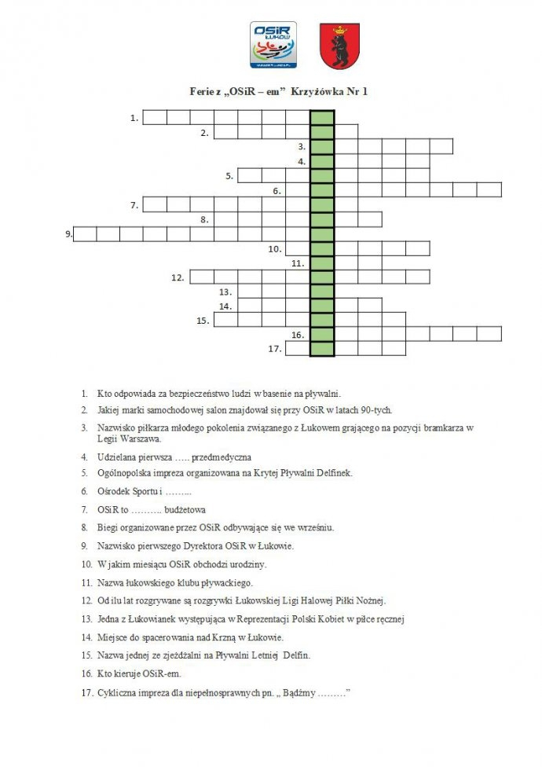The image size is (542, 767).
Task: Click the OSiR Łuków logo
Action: (x=273, y=45)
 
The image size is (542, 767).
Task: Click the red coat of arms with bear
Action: (x=339, y=46)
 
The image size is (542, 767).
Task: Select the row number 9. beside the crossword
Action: (x=69, y=233)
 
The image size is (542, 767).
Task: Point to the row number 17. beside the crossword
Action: (x=274, y=348)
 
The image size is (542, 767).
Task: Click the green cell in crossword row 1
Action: (x=322, y=118)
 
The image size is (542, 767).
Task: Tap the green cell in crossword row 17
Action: (x=322, y=348)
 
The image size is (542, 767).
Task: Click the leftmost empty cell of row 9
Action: (x=85, y=233)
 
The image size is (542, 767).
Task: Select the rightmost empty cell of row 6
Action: (x=489, y=189)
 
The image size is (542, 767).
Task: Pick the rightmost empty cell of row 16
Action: (x=489, y=334)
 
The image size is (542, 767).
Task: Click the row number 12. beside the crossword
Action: (x=178, y=277)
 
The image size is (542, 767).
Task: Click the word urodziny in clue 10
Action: (x=244, y=564)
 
